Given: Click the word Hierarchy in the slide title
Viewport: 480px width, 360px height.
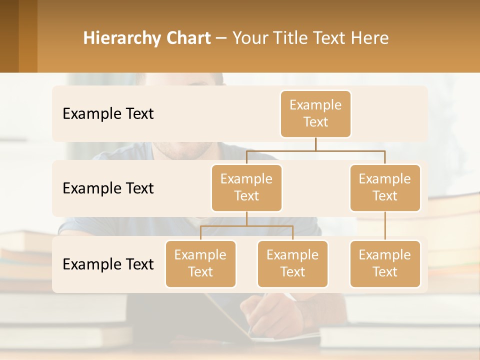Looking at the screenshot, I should click(122, 38).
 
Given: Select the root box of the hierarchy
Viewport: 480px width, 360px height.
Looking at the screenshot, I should click(315, 113).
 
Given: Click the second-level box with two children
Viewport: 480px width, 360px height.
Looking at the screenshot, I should click(246, 187).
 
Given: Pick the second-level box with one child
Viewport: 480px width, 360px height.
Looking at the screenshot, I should click(385, 187).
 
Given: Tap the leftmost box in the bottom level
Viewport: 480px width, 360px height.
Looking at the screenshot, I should click(200, 263).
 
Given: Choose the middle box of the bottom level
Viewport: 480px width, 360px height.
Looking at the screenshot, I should click(292, 263).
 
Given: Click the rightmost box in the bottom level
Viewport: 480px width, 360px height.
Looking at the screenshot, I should click(385, 263).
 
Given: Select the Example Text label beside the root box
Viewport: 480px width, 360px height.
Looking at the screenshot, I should click(108, 113).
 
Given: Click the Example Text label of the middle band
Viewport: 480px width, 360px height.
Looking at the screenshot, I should click(108, 188).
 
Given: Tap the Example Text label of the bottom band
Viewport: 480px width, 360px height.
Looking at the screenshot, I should click(108, 264).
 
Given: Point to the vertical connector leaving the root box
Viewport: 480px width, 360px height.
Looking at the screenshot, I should click(315, 144).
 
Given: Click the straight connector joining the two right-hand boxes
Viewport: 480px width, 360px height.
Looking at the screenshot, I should click(385, 226).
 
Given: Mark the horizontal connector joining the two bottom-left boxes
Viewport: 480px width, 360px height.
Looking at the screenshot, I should click(246, 226).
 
